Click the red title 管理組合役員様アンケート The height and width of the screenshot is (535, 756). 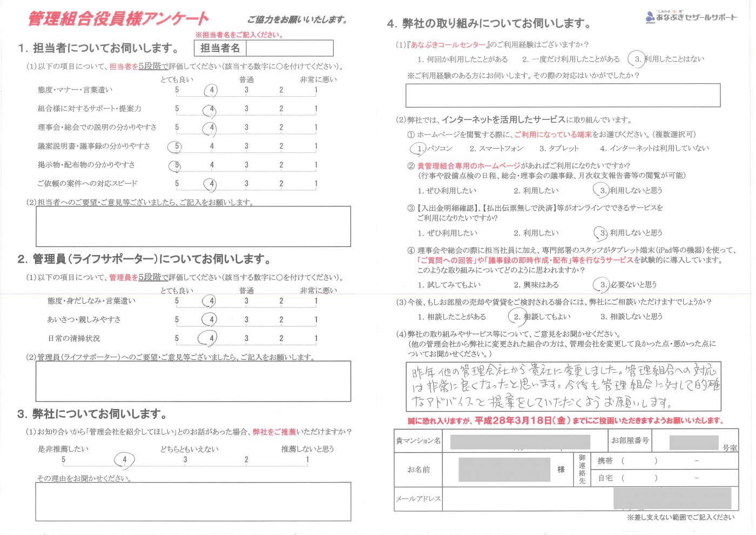pyautogui.click(x=118, y=19)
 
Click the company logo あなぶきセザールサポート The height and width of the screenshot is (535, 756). pyautogui.click(x=691, y=17)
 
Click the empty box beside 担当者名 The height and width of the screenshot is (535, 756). pyautogui.click(x=289, y=48)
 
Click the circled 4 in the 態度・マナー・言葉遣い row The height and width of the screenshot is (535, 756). pyautogui.click(x=211, y=90)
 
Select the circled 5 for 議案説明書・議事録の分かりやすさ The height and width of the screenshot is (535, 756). pyautogui.click(x=176, y=146)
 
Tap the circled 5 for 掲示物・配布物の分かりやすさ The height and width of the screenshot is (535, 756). pyautogui.click(x=176, y=165)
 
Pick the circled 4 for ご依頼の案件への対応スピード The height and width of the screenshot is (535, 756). pyautogui.click(x=211, y=184)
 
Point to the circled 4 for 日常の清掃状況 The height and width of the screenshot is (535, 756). pyautogui.click(x=211, y=339)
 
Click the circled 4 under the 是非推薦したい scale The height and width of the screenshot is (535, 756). pyautogui.click(x=124, y=460)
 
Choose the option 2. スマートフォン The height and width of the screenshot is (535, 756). pyautogui.click(x=496, y=148)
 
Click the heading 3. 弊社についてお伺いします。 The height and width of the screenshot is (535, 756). pyautogui.click(x=92, y=414)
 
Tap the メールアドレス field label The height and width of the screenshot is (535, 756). pyautogui.click(x=418, y=499)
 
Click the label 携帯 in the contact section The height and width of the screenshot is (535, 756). pyautogui.click(x=605, y=461)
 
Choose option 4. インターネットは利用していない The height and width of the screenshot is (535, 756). pyautogui.click(x=654, y=148)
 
